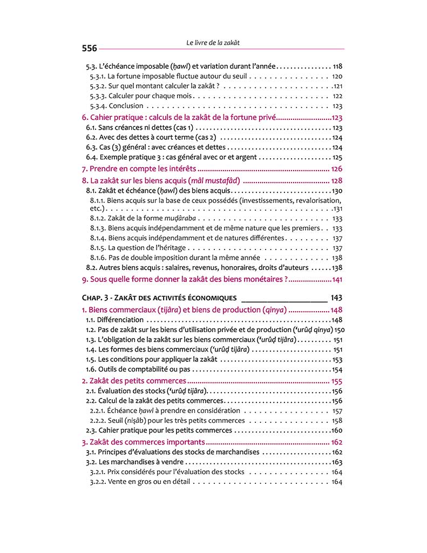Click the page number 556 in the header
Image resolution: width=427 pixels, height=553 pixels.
click(89, 48)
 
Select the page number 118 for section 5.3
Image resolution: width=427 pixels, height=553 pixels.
click(338, 66)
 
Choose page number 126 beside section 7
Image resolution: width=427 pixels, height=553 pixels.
click(337, 169)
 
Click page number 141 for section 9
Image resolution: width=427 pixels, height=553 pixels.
click(337, 279)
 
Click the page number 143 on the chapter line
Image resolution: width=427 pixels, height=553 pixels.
click(336, 298)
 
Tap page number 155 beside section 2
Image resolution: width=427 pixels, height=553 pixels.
click(337, 381)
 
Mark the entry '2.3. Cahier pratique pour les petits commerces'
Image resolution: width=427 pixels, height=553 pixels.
click(159, 430)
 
